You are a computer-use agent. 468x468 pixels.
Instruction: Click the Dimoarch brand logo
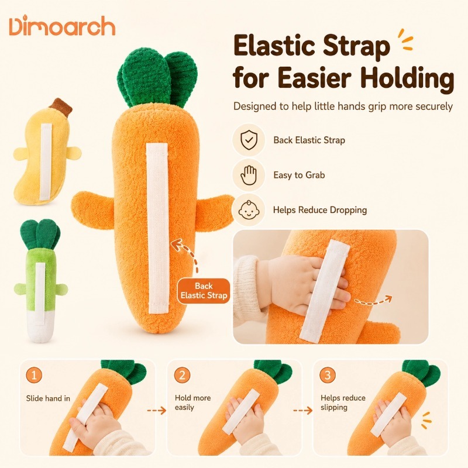tap(62, 26)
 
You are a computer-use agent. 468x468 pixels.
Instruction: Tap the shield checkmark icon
tap(249, 140)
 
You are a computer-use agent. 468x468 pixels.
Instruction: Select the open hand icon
tap(249, 175)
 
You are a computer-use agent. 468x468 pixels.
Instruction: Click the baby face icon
tap(249, 210)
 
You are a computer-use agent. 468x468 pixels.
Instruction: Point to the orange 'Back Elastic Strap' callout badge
tap(204, 291)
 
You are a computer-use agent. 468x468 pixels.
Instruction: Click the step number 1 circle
tap(34, 375)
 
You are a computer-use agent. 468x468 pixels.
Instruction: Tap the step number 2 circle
tap(182, 375)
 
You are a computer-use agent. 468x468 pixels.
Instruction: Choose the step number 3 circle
tap(328, 375)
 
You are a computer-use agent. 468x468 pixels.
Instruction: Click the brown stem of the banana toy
tap(61, 106)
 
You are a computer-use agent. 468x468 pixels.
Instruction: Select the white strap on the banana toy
tap(46, 162)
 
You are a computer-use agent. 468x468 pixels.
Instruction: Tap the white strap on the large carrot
tap(158, 228)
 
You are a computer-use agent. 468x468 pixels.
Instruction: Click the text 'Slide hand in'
tap(48, 398)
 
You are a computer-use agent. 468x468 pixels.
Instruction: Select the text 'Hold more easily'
tap(193, 402)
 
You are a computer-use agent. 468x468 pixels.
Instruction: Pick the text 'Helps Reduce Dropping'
tap(320, 210)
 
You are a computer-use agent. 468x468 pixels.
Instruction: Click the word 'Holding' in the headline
tap(407, 78)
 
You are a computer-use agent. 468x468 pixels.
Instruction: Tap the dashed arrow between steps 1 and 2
tap(157, 411)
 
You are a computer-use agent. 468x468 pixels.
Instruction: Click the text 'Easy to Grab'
tap(299, 175)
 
